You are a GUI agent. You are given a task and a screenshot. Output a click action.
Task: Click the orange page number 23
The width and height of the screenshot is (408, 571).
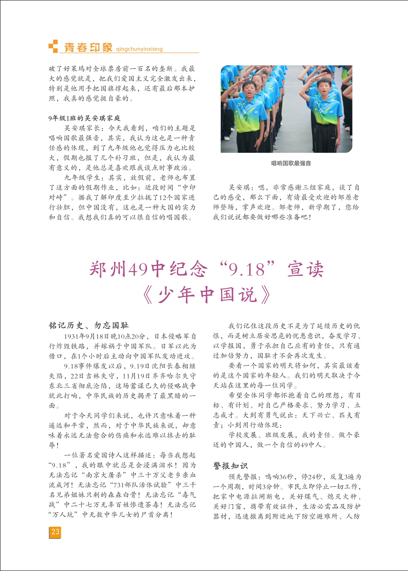pos(55,532)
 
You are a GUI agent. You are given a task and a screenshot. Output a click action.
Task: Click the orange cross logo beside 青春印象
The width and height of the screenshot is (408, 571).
pos(53,46)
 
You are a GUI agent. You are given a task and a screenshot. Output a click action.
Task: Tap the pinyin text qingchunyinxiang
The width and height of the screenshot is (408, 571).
pos(139,49)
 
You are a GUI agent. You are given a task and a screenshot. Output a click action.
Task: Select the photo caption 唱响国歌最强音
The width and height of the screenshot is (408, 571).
pos(291,163)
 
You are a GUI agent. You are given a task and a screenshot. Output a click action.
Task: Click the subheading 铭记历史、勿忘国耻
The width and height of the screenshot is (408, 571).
pos(89,326)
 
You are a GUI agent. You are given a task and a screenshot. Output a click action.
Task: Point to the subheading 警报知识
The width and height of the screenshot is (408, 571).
pos(230,466)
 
